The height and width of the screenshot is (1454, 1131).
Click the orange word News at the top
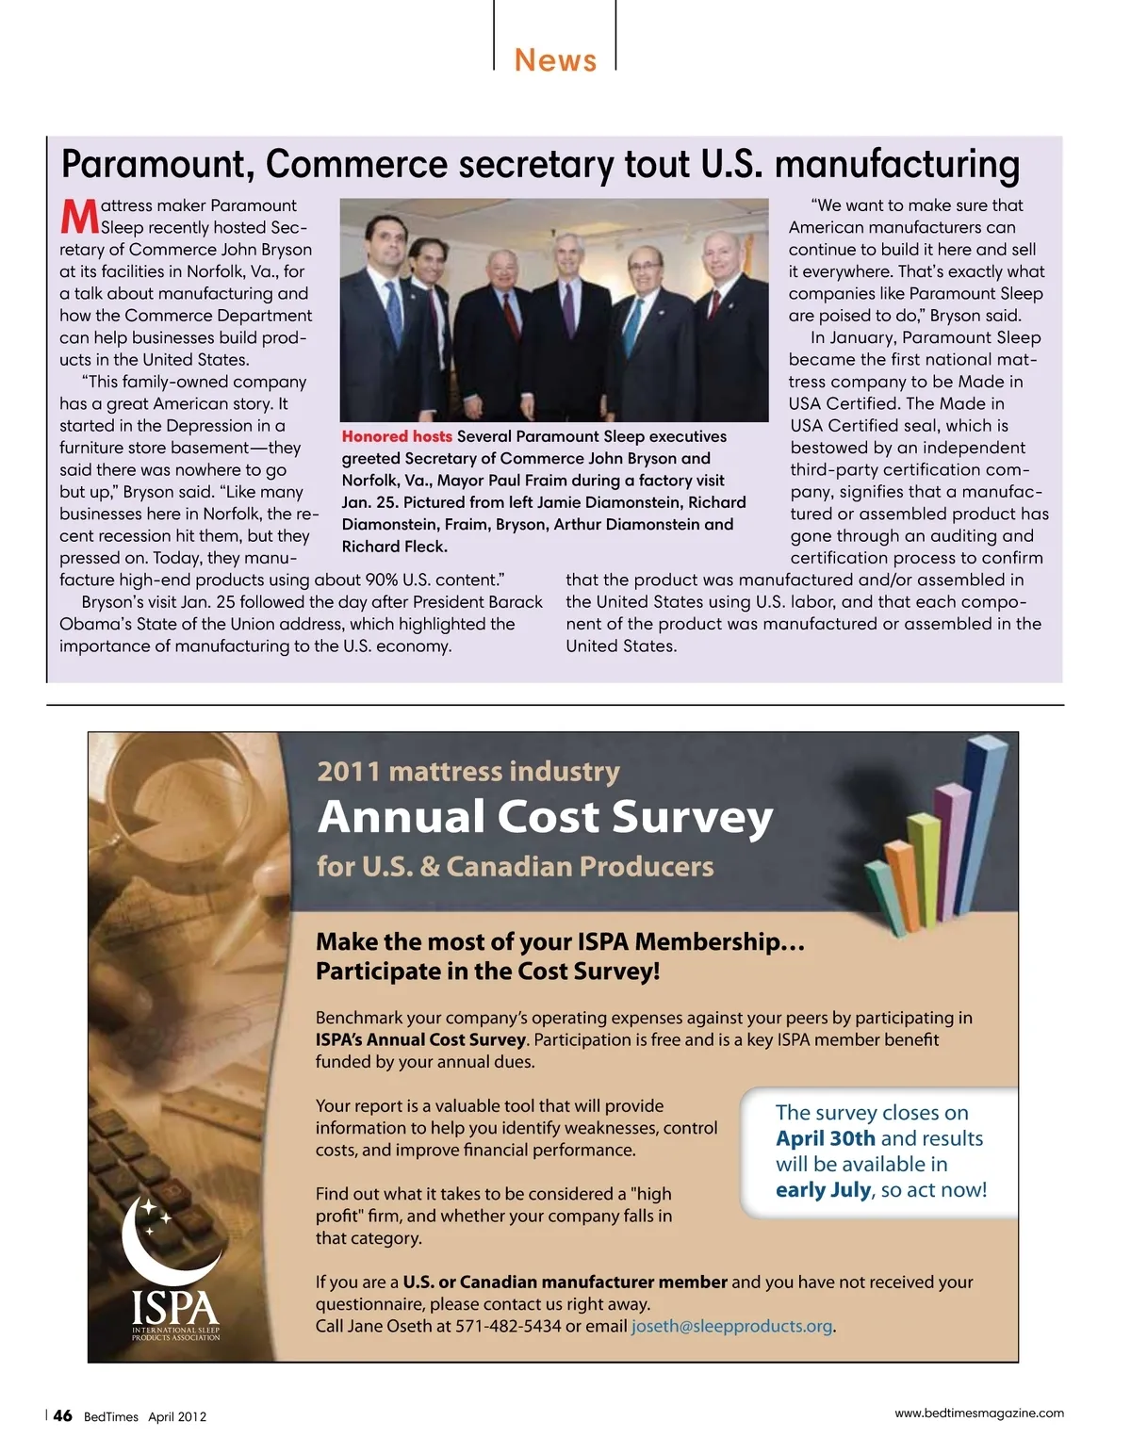pos(555,60)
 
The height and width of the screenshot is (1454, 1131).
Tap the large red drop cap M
pos(79,216)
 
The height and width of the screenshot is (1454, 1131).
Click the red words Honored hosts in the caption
pos(397,436)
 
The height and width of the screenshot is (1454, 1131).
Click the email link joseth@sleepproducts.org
pos(731,1326)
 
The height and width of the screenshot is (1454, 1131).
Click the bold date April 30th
pos(826,1138)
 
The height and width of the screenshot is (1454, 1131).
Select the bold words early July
pos(823,1189)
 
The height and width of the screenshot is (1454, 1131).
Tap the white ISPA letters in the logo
pos(175,1308)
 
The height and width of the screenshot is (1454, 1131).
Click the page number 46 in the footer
pos(62,1415)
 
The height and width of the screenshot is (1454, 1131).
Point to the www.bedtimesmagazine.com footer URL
pos(978,1413)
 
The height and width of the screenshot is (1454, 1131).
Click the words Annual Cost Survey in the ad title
pos(545,817)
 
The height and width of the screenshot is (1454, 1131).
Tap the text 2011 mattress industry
pos(468,771)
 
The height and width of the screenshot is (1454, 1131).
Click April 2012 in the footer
pos(177,1416)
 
